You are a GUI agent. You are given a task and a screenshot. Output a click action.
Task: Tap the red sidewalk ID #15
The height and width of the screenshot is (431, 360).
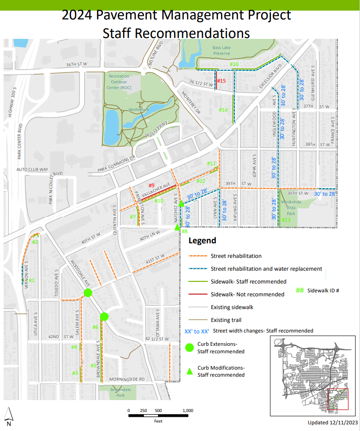click(221, 81)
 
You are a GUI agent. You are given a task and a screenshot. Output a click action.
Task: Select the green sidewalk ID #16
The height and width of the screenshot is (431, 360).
click(234, 64)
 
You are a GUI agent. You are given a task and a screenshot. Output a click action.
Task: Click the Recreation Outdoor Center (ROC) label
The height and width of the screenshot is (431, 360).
click(120, 82)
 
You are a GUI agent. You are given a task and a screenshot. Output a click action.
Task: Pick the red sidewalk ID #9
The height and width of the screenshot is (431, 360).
click(151, 185)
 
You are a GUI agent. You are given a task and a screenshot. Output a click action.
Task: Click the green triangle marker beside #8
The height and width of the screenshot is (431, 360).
click(177, 227)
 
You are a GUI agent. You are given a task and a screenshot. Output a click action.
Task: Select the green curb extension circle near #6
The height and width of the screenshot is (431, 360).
click(104, 316)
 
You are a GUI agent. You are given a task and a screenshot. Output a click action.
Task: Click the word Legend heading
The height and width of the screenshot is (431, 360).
click(202, 241)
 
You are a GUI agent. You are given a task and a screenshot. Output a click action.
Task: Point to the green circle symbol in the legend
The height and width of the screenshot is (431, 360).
click(190, 348)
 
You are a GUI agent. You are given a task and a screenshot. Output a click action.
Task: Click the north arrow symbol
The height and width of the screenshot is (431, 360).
click(8, 414)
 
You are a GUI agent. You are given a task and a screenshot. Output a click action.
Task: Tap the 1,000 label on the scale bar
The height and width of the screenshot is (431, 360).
click(187, 411)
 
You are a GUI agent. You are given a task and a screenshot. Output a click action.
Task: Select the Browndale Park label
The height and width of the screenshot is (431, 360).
click(112, 393)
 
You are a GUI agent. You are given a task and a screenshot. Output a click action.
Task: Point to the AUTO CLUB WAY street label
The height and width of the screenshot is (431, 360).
click(32, 169)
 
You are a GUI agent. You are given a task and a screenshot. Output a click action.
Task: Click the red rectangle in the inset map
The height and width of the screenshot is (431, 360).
click(338, 399)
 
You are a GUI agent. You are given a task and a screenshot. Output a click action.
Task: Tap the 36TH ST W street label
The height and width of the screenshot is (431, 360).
click(77, 64)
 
